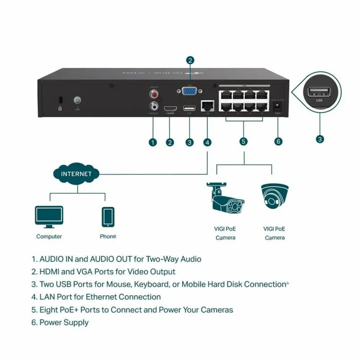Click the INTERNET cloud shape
point(76,174)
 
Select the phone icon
point(108,217)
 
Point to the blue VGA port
point(190,91)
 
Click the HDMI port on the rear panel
point(170,109)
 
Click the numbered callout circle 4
point(207,142)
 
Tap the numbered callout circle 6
point(279,142)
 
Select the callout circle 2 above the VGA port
point(190,61)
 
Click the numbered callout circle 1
point(153,142)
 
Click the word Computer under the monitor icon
point(49,237)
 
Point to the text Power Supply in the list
point(65,322)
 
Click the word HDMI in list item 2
point(50,272)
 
